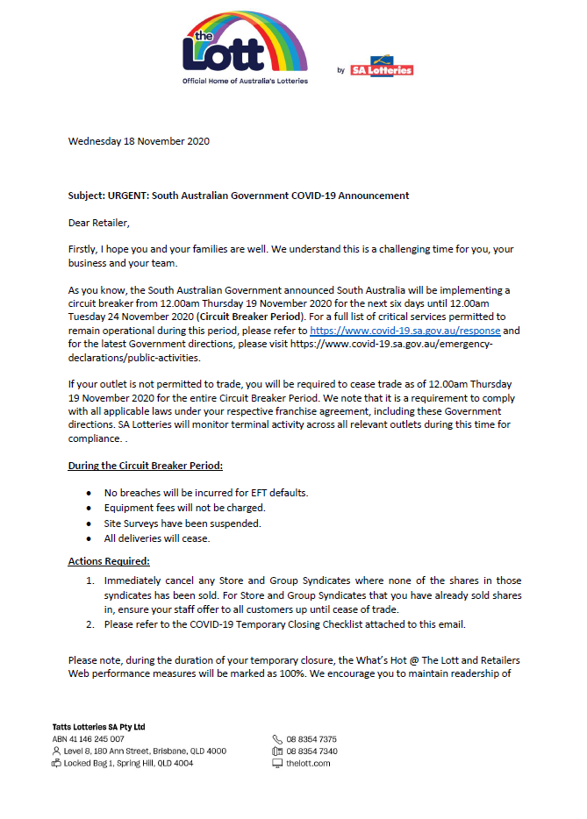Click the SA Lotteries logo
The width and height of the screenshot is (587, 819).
pos(381,69)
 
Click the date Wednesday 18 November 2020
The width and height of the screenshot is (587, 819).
pos(139,140)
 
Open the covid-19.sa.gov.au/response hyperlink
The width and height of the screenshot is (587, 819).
pos(405,331)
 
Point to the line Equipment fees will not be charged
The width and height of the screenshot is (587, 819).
pos(184,508)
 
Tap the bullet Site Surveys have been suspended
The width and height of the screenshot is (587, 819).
pos(183,523)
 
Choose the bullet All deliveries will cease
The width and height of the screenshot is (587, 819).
pos(157,538)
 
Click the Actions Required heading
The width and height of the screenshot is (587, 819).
pos(109,561)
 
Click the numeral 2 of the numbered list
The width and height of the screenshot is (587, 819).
pos(89,623)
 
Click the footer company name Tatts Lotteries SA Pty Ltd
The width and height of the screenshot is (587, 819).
pos(98,727)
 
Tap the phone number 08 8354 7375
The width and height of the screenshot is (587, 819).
pos(311,739)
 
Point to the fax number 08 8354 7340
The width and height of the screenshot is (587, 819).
pos(311,751)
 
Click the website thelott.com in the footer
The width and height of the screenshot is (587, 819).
pos(308,764)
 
